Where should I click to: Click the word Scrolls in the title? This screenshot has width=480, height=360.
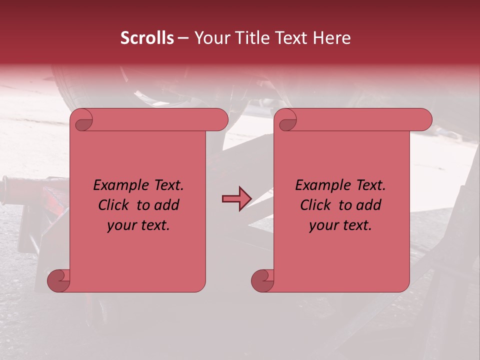[x=147, y=38]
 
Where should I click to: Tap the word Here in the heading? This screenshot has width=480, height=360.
[x=332, y=38]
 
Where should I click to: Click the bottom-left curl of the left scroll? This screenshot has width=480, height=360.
[x=58, y=280]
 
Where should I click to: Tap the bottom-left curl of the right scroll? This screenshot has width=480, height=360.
[x=262, y=280]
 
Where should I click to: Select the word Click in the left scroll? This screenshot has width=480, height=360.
[x=114, y=205]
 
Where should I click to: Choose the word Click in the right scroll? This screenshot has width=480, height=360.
[x=316, y=205]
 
